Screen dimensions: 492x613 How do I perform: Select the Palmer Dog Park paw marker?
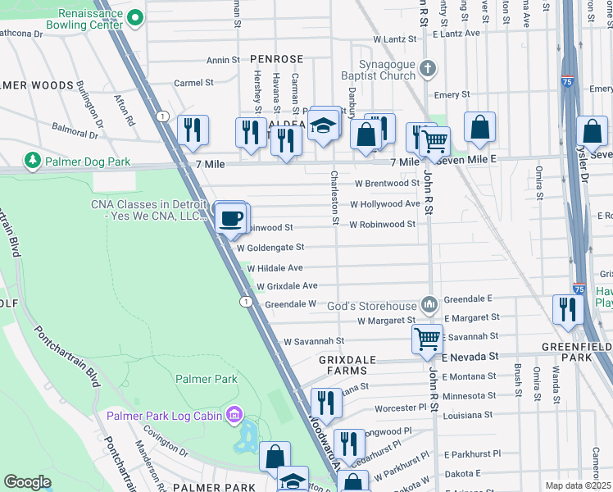click(33, 159)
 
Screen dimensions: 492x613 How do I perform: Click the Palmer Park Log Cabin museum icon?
click(235, 416)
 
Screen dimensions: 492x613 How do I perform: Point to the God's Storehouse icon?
click(429, 305)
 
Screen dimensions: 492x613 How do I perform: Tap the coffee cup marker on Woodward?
click(233, 217)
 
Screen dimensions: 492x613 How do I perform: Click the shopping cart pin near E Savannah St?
click(427, 338)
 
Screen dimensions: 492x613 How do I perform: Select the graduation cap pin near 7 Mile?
click(325, 125)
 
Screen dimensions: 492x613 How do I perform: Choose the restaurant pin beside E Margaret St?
click(565, 309)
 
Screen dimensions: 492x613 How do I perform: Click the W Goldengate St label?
click(270, 247)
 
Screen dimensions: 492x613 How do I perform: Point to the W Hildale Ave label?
click(275, 268)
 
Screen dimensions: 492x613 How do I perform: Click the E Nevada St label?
click(470, 357)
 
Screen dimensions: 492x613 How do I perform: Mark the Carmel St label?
click(193, 83)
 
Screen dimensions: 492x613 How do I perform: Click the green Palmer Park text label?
click(207, 379)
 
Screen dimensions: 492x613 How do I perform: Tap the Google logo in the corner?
click(27, 482)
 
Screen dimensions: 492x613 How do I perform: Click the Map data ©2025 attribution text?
click(578, 485)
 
